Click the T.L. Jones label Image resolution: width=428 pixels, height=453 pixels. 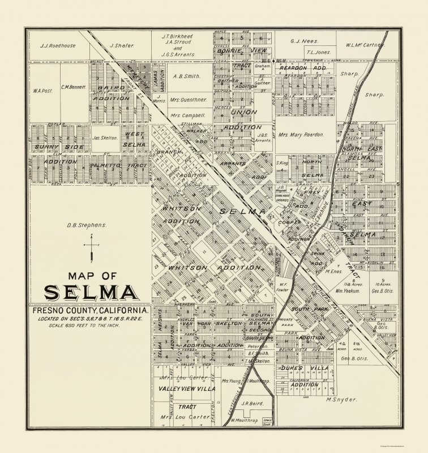pos(319,52)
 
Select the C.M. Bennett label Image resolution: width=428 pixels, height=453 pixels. pos(74,87)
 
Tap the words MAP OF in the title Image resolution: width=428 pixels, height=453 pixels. pos(90,277)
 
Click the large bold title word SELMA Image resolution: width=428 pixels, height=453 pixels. pos(90,293)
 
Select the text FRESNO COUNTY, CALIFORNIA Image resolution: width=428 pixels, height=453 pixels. pos(91,311)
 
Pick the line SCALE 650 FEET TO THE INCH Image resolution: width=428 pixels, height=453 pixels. pos(90,327)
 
